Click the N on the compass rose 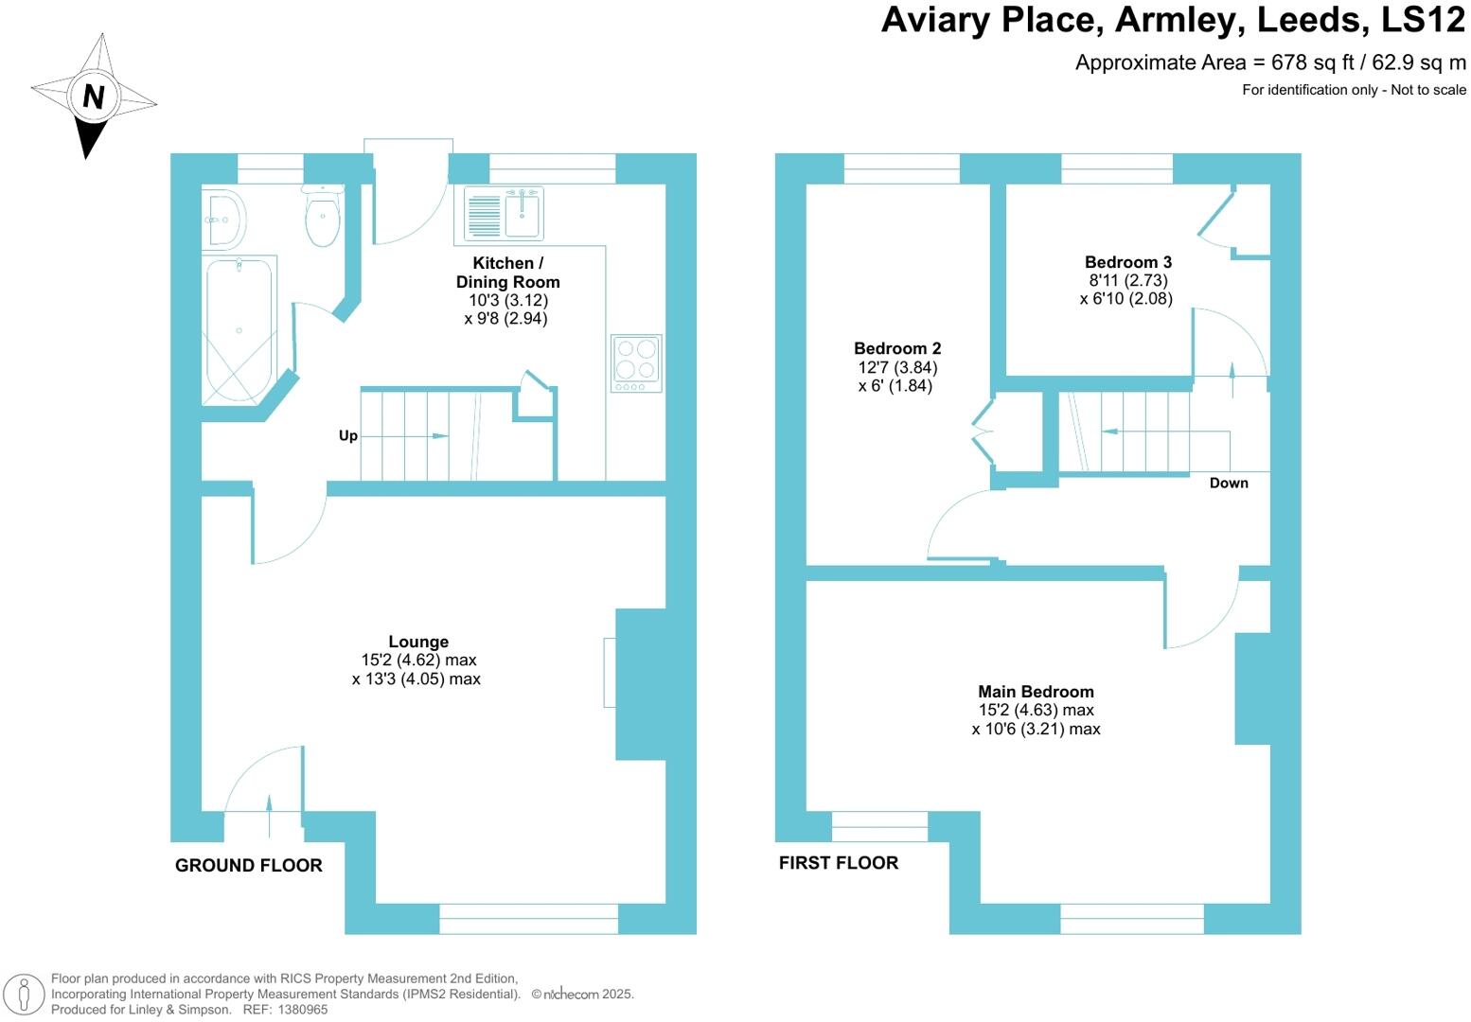(x=93, y=97)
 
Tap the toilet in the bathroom (x=323, y=217)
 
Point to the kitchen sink (x=523, y=215)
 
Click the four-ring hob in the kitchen (x=636, y=362)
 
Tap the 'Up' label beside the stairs (x=348, y=436)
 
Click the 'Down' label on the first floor (x=1229, y=483)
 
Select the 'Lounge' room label (x=418, y=642)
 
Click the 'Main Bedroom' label (x=1036, y=692)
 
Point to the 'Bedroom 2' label (x=896, y=348)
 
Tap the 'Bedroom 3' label (x=1127, y=262)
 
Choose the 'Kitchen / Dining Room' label (x=508, y=273)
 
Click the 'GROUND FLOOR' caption (x=248, y=865)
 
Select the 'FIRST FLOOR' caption (x=838, y=862)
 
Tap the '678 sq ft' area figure (x=1316, y=62)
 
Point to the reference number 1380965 (x=299, y=1010)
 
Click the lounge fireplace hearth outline (x=610, y=673)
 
